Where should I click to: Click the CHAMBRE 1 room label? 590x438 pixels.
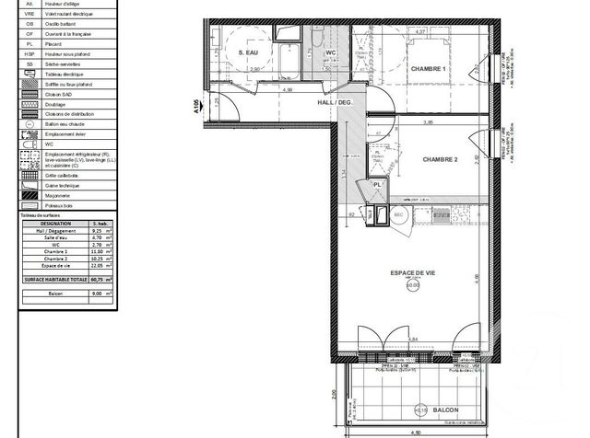[429, 71]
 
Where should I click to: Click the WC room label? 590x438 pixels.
[330, 53]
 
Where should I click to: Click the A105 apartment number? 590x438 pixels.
[196, 108]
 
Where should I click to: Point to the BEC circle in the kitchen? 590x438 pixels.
[400, 214]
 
